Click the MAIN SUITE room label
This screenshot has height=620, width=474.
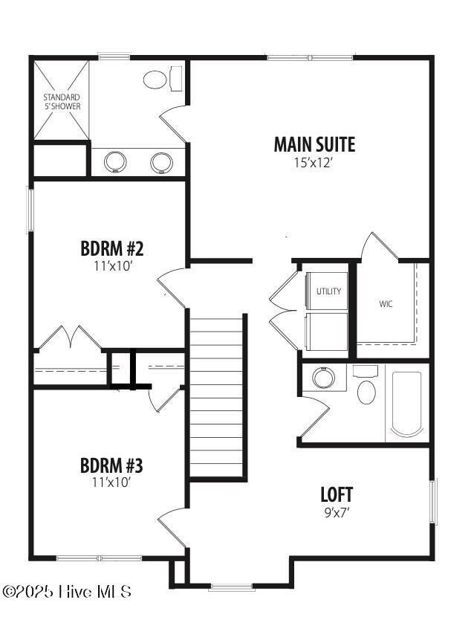[314, 144]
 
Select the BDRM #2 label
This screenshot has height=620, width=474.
[111, 248]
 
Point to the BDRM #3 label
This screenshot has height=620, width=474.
[111, 466]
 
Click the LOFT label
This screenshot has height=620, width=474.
[337, 494]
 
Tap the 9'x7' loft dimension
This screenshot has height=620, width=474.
[337, 511]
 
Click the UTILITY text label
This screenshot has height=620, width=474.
[328, 291]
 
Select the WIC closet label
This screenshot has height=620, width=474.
[386, 304]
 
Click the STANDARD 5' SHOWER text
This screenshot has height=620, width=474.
[61, 102]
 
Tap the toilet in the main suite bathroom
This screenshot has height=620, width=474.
[157, 78]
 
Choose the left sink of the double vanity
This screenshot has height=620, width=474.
[116, 161]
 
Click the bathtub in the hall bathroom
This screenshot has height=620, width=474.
[406, 404]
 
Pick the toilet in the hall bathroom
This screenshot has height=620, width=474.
[366, 387]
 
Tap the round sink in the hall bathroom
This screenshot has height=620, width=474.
[324, 378]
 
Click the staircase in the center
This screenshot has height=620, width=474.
[216, 398]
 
